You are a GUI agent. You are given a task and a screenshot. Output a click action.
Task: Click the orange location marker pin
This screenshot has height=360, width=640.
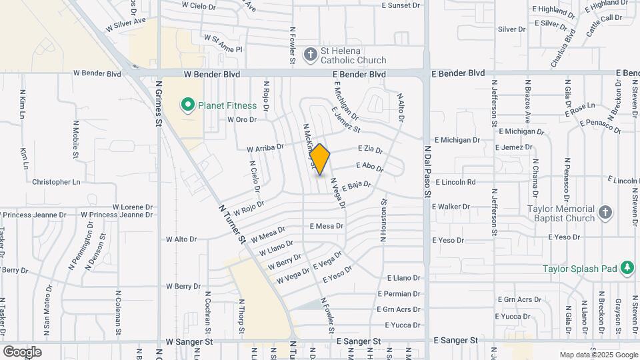[320, 159]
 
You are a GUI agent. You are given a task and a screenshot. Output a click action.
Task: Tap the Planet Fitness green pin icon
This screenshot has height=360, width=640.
[187, 105]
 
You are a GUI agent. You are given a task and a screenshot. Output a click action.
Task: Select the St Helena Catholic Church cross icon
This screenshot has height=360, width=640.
[310, 55]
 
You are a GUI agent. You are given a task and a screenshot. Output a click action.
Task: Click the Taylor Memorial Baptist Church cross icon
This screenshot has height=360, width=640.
[605, 213]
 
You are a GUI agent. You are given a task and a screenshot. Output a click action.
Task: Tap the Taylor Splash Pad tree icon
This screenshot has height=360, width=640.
[626, 268]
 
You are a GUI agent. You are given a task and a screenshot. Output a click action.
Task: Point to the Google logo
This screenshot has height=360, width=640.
[22, 351]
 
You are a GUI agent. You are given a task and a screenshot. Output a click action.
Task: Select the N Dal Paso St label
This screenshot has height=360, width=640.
[427, 174]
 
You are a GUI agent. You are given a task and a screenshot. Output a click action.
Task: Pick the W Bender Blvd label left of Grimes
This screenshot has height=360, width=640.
[97, 73]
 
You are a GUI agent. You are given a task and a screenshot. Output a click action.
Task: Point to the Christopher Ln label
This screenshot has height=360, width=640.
[56, 181]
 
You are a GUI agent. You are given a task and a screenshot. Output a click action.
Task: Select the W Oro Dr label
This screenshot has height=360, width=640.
[241, 120]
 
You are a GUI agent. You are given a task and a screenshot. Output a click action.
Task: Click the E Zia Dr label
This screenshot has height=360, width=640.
[370, 149]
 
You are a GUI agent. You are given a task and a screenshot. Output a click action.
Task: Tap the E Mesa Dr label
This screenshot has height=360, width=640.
[326, 226]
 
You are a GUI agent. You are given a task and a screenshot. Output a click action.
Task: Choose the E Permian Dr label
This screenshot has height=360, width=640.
[399, 293]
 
